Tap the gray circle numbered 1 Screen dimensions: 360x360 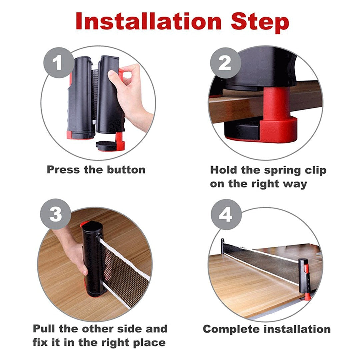coord(59,62)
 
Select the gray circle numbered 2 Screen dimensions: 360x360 coord(225,62)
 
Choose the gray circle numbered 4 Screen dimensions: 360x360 coord(225,215)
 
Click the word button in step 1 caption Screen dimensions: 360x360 coord(126,169)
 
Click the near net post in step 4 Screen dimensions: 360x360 coord(304,277)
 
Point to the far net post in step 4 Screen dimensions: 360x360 coord(223,246)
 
